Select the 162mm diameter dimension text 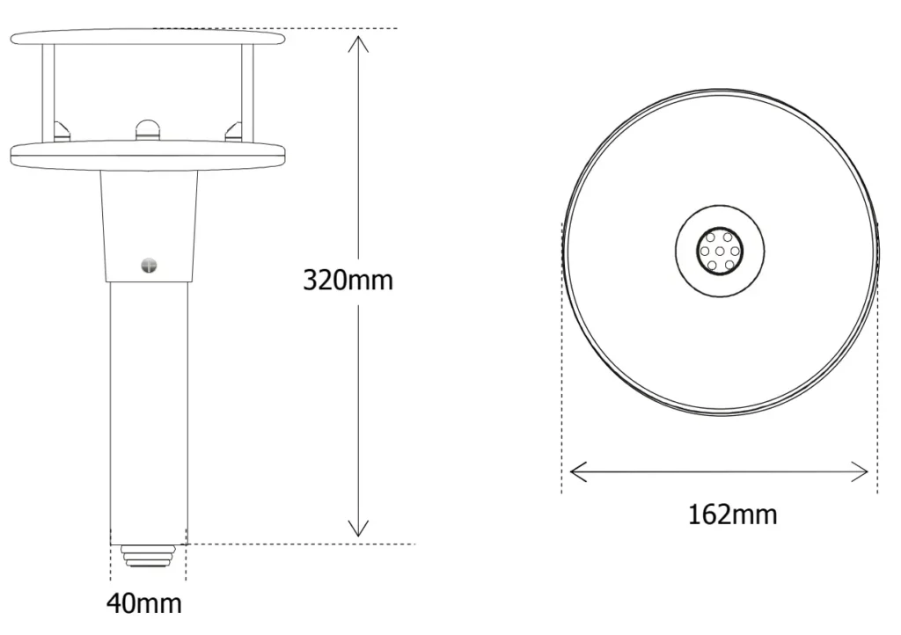(x=732, y=514)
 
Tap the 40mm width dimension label (x=144, y=604)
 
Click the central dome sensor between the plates (x=148, y=130)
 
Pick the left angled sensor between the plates (x=61, y=131)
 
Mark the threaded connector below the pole (x=148, y=556)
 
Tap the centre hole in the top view (x=720, y=252)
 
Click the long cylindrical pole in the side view (x=149, y=405)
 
